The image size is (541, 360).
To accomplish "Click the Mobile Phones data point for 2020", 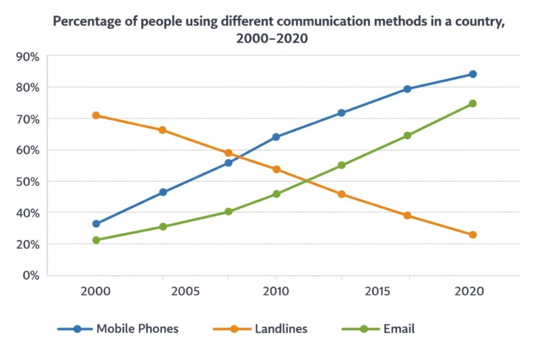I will (472, 74).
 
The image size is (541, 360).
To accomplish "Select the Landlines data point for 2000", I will (96, 116).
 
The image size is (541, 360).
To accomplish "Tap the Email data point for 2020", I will (472, 103).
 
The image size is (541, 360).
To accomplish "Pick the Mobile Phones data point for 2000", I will (96, 224).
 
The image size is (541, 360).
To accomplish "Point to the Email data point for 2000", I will (96, 240).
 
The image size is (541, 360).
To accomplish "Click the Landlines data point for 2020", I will (472, 235).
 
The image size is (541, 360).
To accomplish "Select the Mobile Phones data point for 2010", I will (276, 137).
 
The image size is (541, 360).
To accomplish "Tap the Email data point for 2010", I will (276, 194).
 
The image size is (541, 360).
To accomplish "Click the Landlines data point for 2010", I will (276, 169).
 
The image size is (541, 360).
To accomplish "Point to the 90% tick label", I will (27, 56).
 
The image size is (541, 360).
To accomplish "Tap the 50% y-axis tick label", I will (27, 182).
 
